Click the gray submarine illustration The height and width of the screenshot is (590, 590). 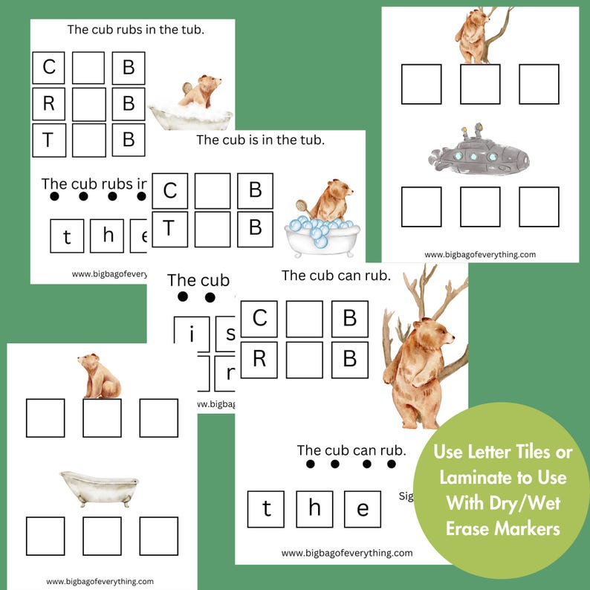[x=479, y=154]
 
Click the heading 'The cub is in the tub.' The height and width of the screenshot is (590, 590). [x=260, y=140]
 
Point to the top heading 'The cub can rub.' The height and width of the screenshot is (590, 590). [x=336, y=276]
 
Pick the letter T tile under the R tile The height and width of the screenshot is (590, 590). [x=49, y=139]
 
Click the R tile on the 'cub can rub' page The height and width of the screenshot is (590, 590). [x=259, y=360]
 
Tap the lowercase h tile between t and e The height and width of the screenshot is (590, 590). [x=314, y=509]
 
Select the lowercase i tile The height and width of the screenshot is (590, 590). [x=192, y=334]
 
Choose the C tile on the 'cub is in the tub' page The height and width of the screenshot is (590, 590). [x=170, y=191]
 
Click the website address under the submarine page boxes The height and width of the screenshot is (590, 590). [x=479, y=254]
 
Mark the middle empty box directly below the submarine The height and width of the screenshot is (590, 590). [x=479, y=207]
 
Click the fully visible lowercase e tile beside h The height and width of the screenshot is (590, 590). [x=363, y=509]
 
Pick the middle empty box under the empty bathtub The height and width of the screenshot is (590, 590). [x=102, y=536]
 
